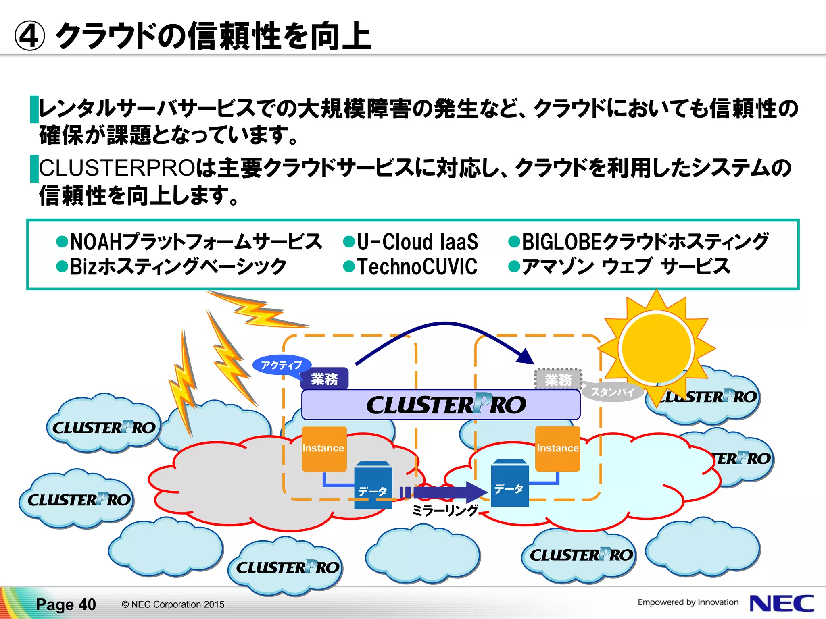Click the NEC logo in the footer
[781, 603]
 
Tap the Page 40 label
[66, 604]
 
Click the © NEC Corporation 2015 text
[173, 604]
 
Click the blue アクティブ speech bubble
[282, 365]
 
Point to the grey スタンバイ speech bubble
[612, 392]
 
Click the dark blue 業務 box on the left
[324, 379]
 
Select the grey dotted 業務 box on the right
[558, 379]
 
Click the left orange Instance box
[324, 449]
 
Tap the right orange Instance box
[557, 449]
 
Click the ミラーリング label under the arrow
[444, 511]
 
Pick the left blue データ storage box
[373, 486]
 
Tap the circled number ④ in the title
[29, 36]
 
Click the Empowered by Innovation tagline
[688, 602]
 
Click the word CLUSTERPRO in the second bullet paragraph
[117, 168]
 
